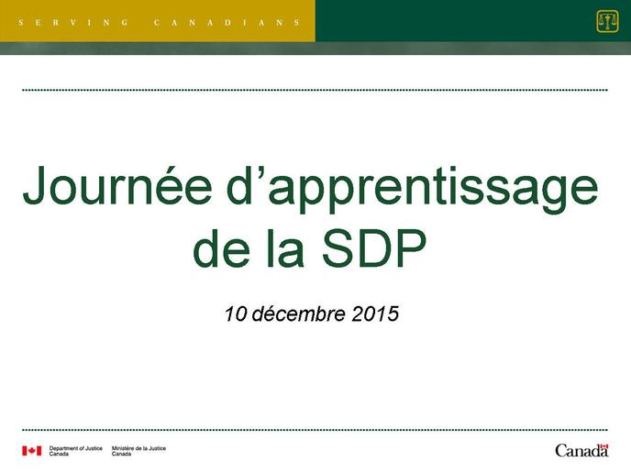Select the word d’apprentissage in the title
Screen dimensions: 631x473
pos(415,189)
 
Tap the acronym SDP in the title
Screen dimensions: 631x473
pos(374,248)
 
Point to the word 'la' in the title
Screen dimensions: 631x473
pos(285,248)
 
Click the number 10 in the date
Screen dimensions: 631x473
pos(236,313)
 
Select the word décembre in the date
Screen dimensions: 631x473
pos(298,313)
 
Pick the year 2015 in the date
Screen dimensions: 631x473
pos(374,313)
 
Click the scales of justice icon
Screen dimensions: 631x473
pos(607,21)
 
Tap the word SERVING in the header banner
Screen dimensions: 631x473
pos(73,23)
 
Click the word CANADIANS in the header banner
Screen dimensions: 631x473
pos(227,23)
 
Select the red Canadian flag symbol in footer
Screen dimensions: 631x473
pos(32,451)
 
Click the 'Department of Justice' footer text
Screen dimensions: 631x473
pos(75,448)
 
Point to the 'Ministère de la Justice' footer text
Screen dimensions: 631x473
pos(138,448)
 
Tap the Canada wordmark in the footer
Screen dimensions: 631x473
pos(581,450)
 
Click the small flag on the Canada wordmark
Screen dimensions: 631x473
pos(603,446)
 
